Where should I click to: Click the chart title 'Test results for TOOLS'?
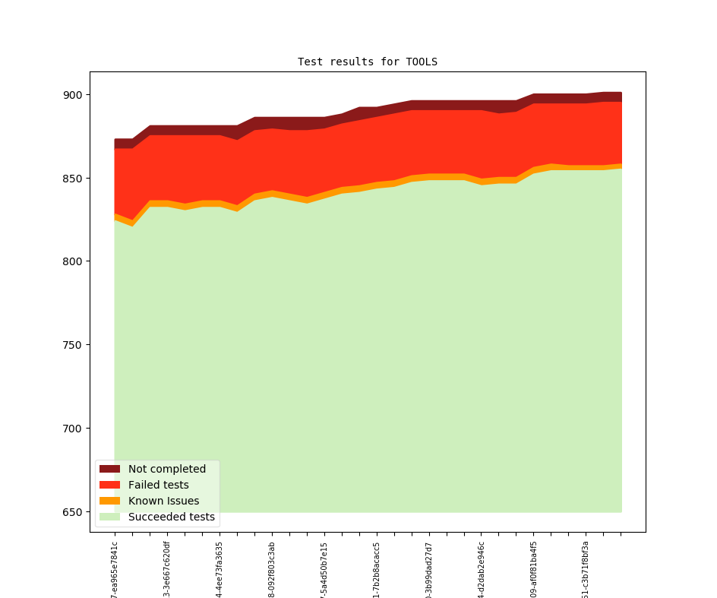pyautogui.click(x=367, y=62)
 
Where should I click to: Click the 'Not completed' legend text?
pyautogui.click(x=167, y=469)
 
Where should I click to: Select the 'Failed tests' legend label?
pyautogui.click(x=159, y=485)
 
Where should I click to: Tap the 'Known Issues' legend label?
pyautogui.click(x=163, y=501)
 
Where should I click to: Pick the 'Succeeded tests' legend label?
pyautogui.click(x=172, y=517)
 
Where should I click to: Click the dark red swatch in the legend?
pyautogui.click(x=109, y=469)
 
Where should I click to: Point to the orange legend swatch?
pyautogui.click(x=109, y=501)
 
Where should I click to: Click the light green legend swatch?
pyautogui.click(x=109, y=517)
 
